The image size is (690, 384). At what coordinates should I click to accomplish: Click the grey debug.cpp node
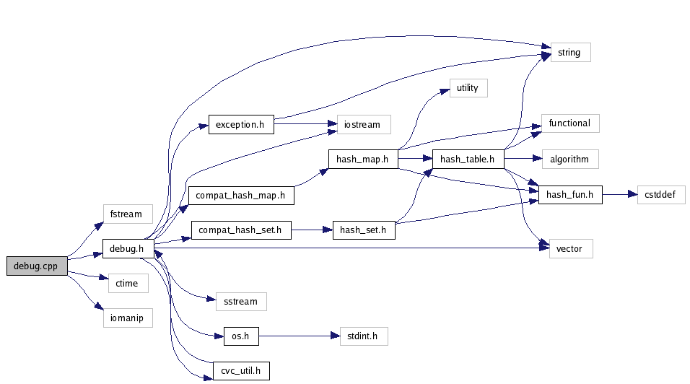point(37,266)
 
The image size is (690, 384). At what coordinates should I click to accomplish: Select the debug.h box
point(128,249)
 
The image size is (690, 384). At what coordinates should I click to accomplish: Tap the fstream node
point(127,214)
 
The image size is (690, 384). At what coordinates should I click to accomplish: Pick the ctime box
point(126,284)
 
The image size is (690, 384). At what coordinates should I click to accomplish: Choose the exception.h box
point(241,124)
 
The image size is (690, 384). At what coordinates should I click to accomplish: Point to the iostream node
point(363,124)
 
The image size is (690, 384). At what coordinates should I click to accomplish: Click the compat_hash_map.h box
point(241,195)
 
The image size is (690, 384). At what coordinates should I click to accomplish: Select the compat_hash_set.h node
point(241,231)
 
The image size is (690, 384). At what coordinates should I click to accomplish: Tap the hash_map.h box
point(362,160)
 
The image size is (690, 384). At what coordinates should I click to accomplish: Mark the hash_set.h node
point(363,231)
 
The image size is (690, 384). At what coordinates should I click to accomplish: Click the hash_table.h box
point(467,160)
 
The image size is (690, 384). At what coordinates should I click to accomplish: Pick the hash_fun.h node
point(569,194)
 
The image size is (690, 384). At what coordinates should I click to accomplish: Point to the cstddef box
point(660,194)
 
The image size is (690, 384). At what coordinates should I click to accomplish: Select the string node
point(570,53)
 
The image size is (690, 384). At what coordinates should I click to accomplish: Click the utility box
point(468,88)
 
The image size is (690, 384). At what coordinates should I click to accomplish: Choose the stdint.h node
point(363,336)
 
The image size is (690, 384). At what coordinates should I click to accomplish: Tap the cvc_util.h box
point(241,371)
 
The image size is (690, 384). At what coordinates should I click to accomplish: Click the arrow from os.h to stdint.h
point(299,336)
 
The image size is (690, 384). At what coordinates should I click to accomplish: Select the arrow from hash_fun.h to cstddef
point(619,194)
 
